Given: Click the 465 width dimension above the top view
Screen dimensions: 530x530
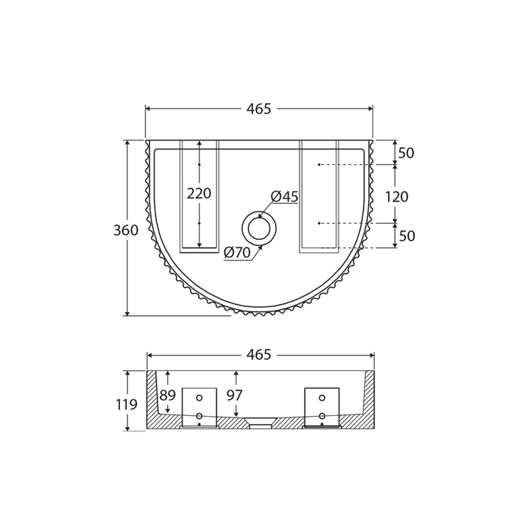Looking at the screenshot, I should click(x=259, y=109).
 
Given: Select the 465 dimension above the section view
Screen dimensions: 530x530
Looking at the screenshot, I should click(x=259, y=355).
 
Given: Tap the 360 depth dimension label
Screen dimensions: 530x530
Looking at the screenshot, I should click(x=126, y=230).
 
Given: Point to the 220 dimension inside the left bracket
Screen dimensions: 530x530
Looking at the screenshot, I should click(x=199, y=194).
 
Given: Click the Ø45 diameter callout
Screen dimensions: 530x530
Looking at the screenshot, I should click(x=284, y=197).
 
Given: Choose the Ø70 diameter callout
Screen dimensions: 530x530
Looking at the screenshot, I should click(x=237, y=252).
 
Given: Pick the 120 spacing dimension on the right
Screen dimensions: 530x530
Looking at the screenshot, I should click(x=396, y=197).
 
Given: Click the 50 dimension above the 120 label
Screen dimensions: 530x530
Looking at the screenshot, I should click(x=406, y=153).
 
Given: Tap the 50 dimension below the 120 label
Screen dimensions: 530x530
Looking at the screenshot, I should click(x=406, y=236).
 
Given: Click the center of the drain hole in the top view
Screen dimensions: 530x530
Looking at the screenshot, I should click(x=258, y=228).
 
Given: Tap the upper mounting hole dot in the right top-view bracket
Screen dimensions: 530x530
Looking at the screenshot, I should click(x=319, y=165).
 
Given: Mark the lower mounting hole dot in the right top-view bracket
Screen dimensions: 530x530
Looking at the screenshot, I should click(x=319, y=222).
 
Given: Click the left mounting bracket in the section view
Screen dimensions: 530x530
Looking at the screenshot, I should click(x=199, y=407).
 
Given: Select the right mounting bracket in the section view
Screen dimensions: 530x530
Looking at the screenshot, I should click(x=322, y=407).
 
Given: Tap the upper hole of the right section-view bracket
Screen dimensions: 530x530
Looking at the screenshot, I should click(x=322, y=398).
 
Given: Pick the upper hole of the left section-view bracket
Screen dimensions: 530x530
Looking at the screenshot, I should click(x=199, y=398).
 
